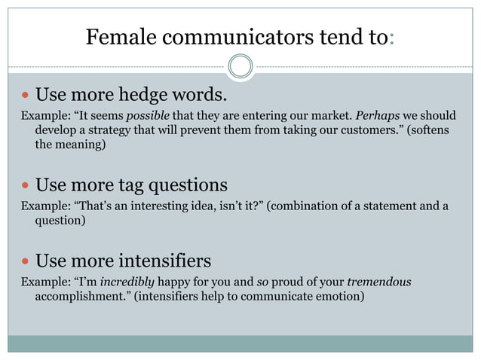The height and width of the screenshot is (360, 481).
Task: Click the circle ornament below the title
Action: (240, 66)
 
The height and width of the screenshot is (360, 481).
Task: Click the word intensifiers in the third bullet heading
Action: (165, 261)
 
